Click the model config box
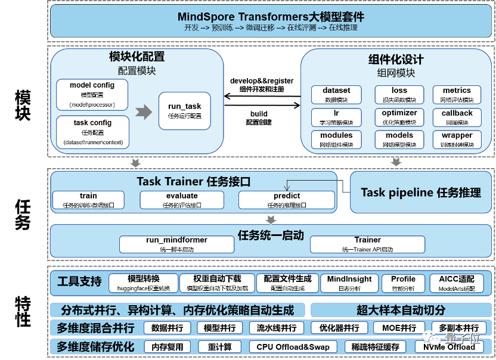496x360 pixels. pyautogui.click(x=92, y=95)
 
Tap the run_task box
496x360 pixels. pyautogui.click(x=184, y=111)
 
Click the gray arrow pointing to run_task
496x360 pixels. pyautogui.click(x=144, y=111)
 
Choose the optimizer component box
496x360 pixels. pyautogui.click(x=399, y=117)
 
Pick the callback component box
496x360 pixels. pyautogui.click(x=457, y=117)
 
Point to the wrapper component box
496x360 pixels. pyautogui.click(x=457, y=139)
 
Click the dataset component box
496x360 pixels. pyautogui.click(x=336, y=95)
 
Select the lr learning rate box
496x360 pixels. pyautogui.click(x=336, y=117)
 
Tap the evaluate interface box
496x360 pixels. pyautogui.click(x=182, y=200)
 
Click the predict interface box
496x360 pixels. pyautogui.click(x=287, y=200)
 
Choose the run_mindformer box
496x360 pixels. pyautogui.click(x=176, y=244)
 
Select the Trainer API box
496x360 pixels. pyautogui.click(x=367, y=244)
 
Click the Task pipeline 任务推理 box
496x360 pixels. pyautogui.click(x=420, y=193)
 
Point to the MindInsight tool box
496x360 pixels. pyautogui.click(x=349, y=283)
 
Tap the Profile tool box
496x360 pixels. pyautogui.click(x=403, y=283)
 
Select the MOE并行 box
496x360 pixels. pyautogui.click(x=395, y=328)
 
